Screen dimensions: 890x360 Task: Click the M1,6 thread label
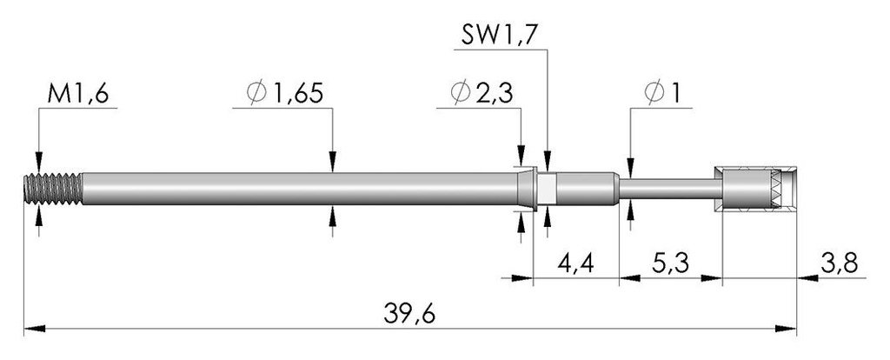click(77, 94)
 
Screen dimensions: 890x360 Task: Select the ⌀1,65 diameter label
click(285, 93)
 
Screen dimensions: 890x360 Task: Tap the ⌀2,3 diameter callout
click(482, 93)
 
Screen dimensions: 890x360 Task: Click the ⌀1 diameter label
click(662, 93)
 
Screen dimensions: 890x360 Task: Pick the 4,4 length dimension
click(575, 263)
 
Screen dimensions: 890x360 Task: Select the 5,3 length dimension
click(670, 263)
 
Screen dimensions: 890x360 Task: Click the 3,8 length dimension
click(839, 263)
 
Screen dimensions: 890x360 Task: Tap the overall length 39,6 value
click(409, 313)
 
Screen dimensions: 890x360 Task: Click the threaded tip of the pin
click(53, 189)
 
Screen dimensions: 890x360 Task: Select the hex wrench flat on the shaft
click(546, 189)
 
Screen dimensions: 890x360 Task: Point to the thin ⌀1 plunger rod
click(670, 189)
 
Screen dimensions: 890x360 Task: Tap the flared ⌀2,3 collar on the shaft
click(528, 189)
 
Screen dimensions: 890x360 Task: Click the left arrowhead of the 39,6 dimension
click(35, 329)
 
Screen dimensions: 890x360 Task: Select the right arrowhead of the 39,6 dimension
click(786, 329)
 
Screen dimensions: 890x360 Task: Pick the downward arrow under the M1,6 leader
click(38, 162)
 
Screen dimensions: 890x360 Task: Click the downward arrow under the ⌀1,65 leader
click(333, 162)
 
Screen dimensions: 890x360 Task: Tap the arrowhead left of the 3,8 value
click(807, 278)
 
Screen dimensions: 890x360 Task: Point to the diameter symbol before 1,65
click(256, 93)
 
